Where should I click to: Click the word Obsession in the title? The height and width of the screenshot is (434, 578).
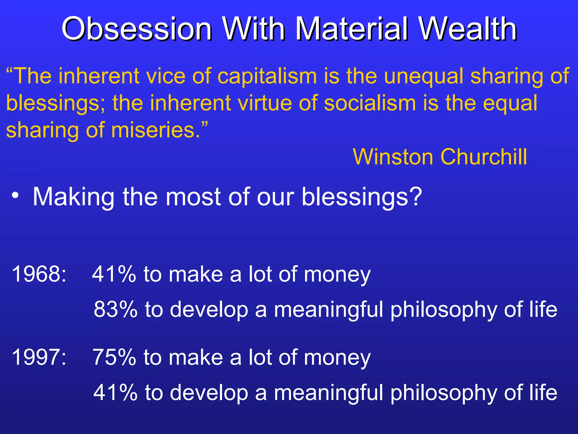tap(137, 29)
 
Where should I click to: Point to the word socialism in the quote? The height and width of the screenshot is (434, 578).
tap(370, 103)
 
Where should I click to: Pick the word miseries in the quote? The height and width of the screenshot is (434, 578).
tap(156, 130)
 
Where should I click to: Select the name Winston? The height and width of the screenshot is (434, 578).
tap(393, 157)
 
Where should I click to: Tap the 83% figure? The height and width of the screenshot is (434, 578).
tap(115, 309)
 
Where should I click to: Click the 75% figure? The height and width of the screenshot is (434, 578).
tap(114, 357)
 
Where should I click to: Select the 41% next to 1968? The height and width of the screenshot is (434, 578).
tap(114, 274)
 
